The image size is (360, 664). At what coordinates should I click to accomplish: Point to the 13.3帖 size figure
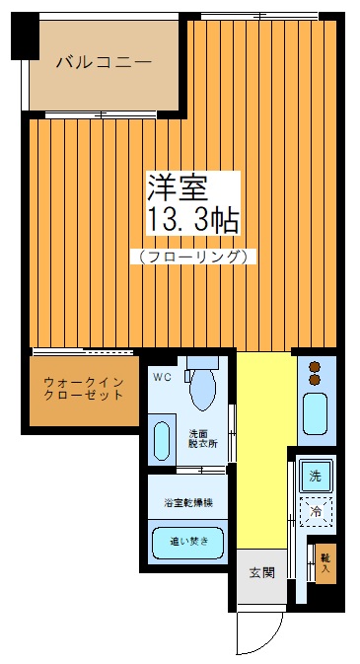point(192,219)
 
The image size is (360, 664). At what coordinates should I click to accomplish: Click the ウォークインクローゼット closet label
point(83,389)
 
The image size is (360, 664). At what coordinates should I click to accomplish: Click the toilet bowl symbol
point(202,386)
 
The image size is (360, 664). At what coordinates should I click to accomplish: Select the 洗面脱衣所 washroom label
point(203,438)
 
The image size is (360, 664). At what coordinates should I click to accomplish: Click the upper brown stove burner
point(316,368)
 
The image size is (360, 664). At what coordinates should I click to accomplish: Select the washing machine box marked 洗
point(316,476)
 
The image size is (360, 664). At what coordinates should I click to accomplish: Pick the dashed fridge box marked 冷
point(316,511)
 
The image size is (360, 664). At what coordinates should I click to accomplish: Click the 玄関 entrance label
point(261,572)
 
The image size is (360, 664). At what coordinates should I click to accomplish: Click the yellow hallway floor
point(264,444)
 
